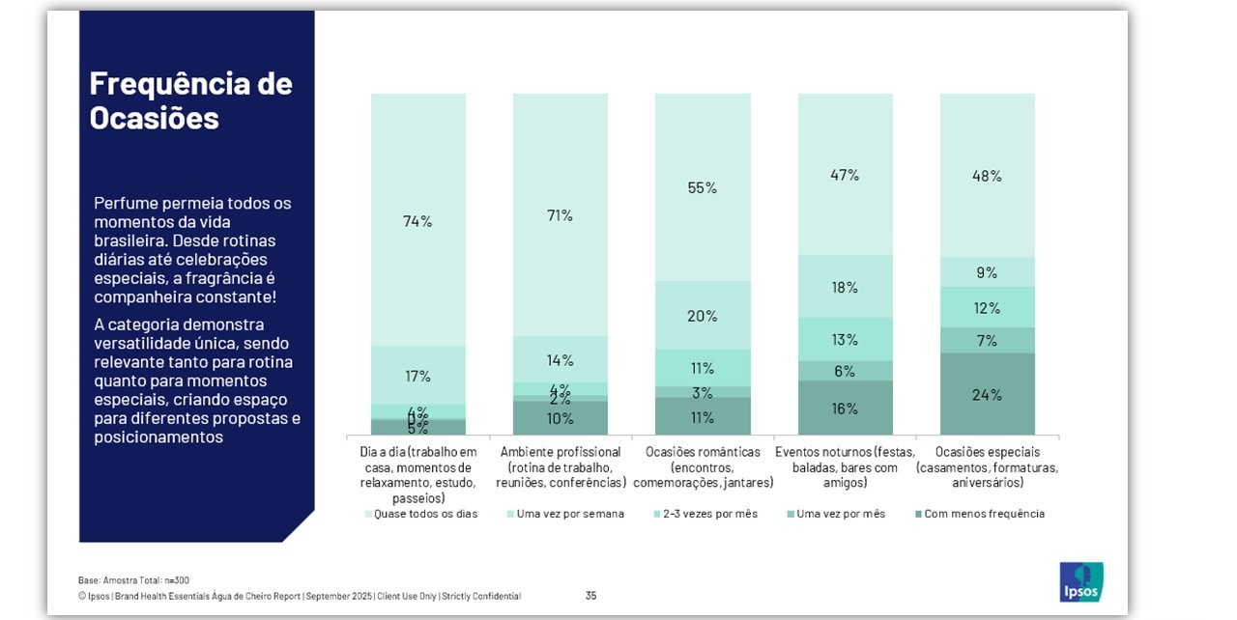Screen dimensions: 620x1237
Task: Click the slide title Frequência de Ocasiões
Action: click(x=190, y=99)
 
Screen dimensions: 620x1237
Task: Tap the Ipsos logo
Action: click(x=1080, y=581)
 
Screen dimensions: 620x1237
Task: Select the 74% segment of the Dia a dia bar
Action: click(x=417, y=220)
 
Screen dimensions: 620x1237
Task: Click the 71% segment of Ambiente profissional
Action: click(x=560, y=215)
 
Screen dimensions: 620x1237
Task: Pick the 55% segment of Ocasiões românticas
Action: click(x=703, y=187)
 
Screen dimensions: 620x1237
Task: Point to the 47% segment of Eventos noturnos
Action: click(x=845, y=175)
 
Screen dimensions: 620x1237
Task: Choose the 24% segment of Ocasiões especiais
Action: click(x=987, y=394)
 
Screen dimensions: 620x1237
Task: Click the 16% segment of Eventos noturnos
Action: click(x=845, y=408)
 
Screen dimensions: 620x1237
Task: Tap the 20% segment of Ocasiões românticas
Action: click(x=703, y=316)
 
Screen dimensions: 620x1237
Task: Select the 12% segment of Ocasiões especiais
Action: click(x=987, y=308)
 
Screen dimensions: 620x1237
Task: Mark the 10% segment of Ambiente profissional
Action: click(x=560, y=418)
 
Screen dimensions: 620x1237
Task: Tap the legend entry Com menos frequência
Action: click(x=984, y=514)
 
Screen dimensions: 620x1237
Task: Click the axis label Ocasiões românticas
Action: click(x=703, y=466)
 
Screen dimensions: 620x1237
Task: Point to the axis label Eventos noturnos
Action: click(x=845, y=466)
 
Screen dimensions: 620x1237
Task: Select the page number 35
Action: click(x=590, y=596)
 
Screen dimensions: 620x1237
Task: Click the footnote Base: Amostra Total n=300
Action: click(x=133, y=579)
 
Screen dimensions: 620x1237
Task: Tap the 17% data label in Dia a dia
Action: click(x=417, y=376)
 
